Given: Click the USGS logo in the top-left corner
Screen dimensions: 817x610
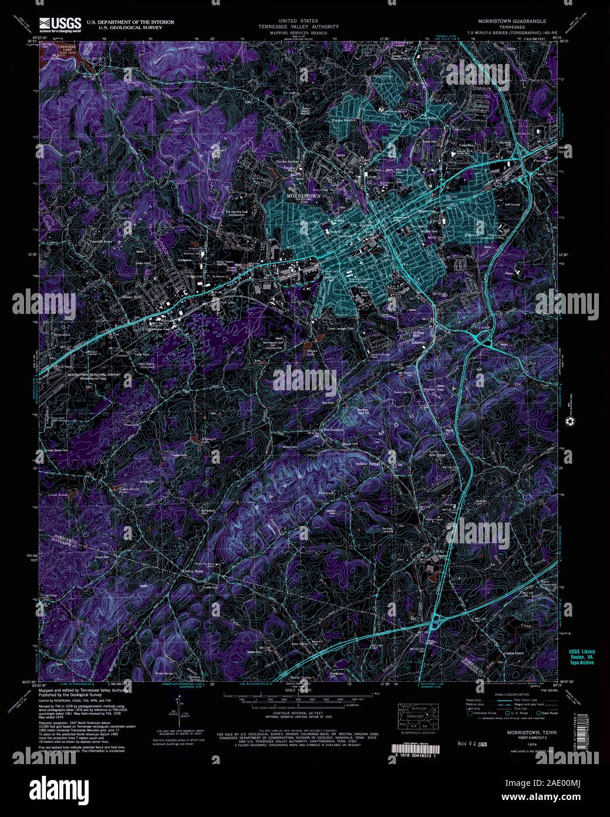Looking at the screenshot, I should click(x=60, y=24).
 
